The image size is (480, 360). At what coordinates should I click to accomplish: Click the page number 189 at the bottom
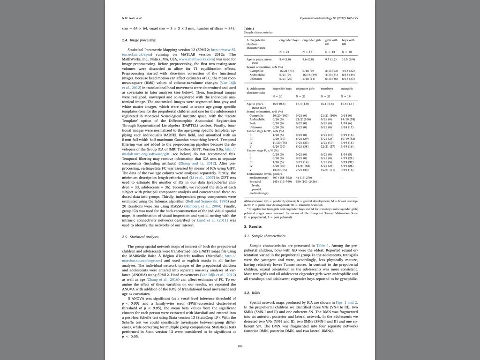[x=240, y=346]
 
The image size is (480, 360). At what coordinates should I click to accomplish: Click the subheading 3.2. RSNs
[x=253, y=293]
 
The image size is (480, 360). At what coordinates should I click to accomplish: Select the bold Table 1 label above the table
[x=249, y=29]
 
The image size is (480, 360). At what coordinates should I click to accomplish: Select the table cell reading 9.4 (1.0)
[x=285, y=60]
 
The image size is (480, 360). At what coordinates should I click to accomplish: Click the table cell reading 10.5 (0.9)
[x=348, y=60]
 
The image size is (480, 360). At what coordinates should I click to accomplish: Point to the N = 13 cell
[x=330, y=52]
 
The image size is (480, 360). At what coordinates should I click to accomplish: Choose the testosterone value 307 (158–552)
[x=282, y=178]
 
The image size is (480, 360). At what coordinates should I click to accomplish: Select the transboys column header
[x=327, y=88]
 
